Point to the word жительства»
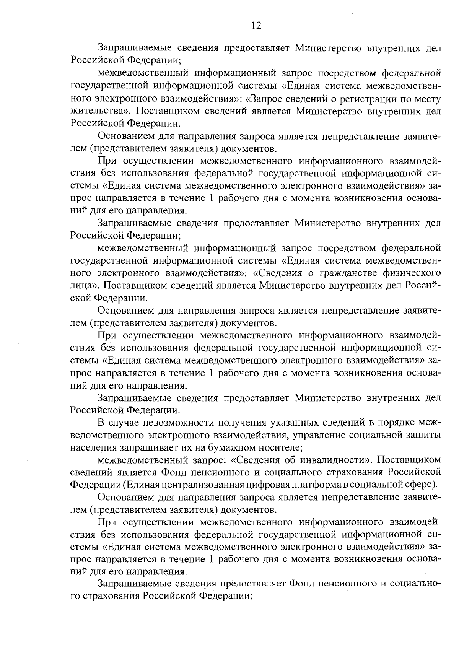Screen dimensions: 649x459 [99, 111]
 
